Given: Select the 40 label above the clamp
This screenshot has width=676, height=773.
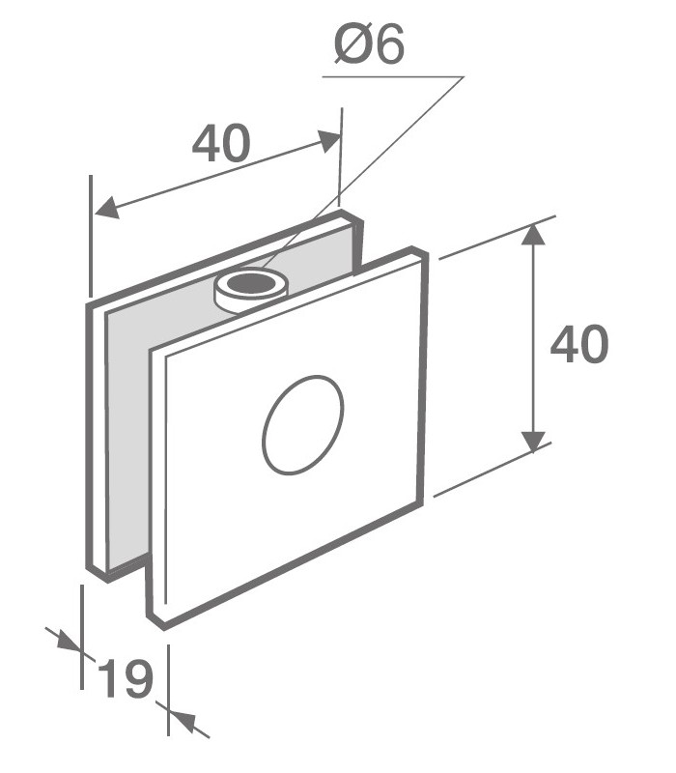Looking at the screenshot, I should tap(221, 144).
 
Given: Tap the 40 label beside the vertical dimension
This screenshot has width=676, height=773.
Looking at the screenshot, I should tap(578, 344).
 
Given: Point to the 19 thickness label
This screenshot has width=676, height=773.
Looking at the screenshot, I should tap(125, 678).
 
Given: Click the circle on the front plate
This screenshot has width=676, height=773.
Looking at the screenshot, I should tap(302, 424).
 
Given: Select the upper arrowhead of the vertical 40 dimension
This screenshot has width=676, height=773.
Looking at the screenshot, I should tap(532, 235).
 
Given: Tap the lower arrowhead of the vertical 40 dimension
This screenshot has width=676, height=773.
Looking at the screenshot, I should tap(532, 442).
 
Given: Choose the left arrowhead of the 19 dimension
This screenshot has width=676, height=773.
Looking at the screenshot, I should tap(70, 642).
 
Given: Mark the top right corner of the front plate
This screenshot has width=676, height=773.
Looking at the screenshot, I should tap(423, 252).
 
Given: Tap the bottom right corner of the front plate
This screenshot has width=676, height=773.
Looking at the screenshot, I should tap(423, 501).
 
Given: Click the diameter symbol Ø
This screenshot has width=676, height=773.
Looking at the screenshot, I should tap(348, 44).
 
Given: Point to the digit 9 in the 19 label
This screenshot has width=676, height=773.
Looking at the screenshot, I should tap(138, 678).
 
